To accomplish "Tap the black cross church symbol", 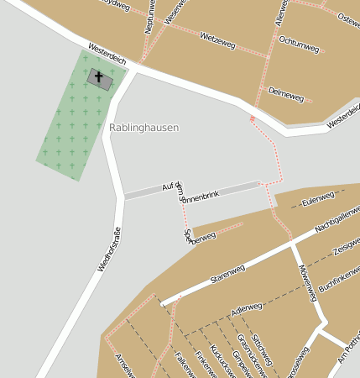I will [x=99, y=78].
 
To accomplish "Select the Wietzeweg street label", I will [x=217, y=39].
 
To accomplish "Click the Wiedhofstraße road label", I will [x=109, y=249].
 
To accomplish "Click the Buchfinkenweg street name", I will [x=339, y=278].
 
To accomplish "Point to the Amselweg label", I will [x=125, y=365].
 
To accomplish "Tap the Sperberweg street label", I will [x=201, y=237].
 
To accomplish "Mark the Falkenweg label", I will [x=184, y=365].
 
